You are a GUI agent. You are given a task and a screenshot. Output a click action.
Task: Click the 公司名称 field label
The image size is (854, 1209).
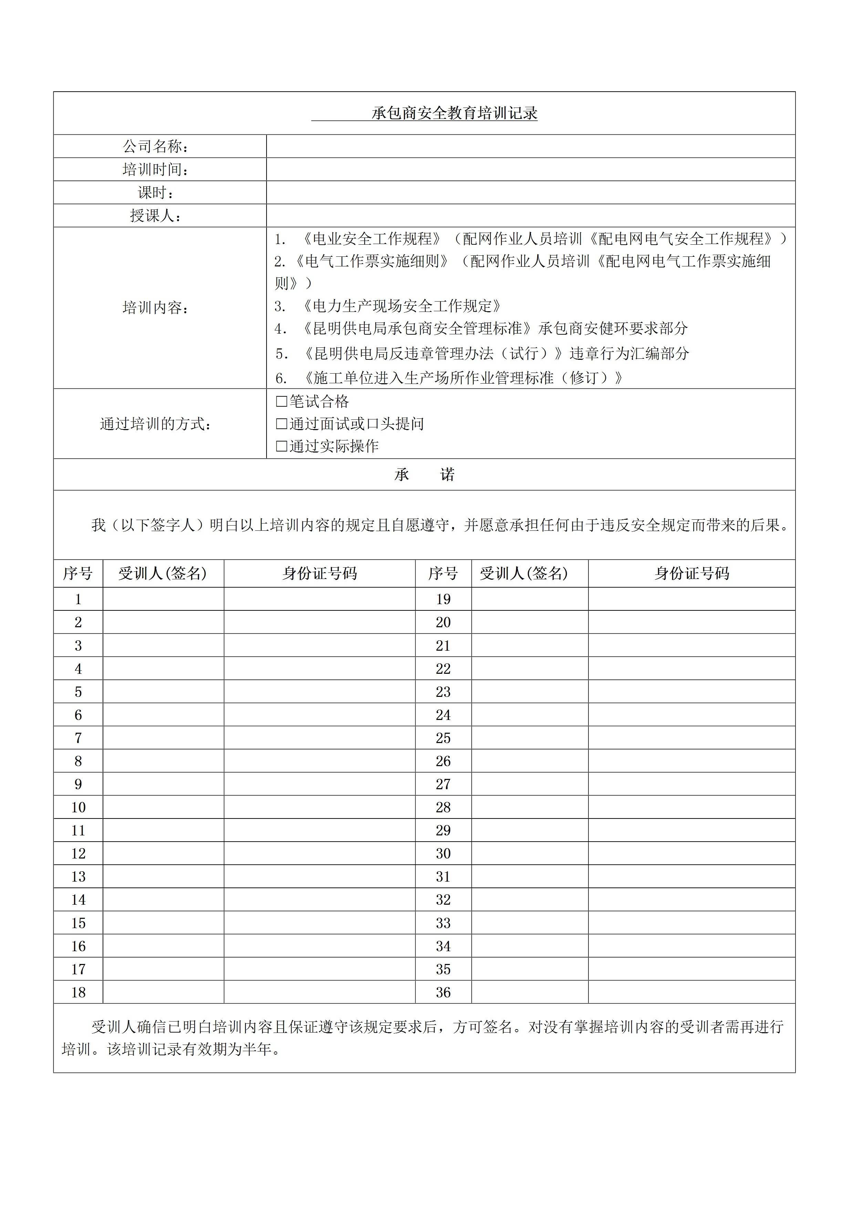[x=156, y=146]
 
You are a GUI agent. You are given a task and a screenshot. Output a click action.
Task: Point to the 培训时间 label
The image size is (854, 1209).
[x=156, y=170]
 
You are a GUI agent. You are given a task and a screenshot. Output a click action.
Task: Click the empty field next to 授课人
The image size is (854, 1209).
[x=530, y=215]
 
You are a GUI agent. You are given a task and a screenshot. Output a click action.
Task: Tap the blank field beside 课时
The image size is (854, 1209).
[x=530, y=192]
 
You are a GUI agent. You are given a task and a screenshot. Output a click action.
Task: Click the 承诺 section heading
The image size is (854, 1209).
[x=424, y=475]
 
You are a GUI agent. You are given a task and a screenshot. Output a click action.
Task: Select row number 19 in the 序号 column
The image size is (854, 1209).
[x=443, y=599]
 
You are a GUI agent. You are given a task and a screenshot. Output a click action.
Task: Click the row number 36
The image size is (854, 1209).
[x=443, y=993]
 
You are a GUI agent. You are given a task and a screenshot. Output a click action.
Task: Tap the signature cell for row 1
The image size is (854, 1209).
[x=163, y=599]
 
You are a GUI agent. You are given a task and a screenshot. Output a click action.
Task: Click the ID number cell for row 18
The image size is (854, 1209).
[x=320, y=993]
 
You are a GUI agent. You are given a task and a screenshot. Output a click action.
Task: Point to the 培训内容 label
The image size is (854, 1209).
[x=156, y=307]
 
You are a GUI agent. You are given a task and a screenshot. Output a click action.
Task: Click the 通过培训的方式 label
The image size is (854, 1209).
[x=156, y=424]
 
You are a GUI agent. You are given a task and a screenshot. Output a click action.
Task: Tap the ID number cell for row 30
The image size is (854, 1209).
[x=691, y=854]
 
